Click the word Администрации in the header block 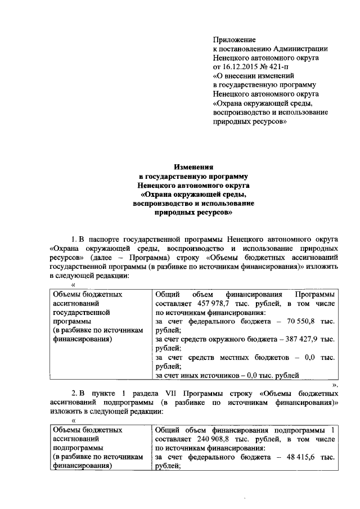click(296, 48)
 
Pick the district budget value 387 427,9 click(302, 339)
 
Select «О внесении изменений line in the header click(258, 75)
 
